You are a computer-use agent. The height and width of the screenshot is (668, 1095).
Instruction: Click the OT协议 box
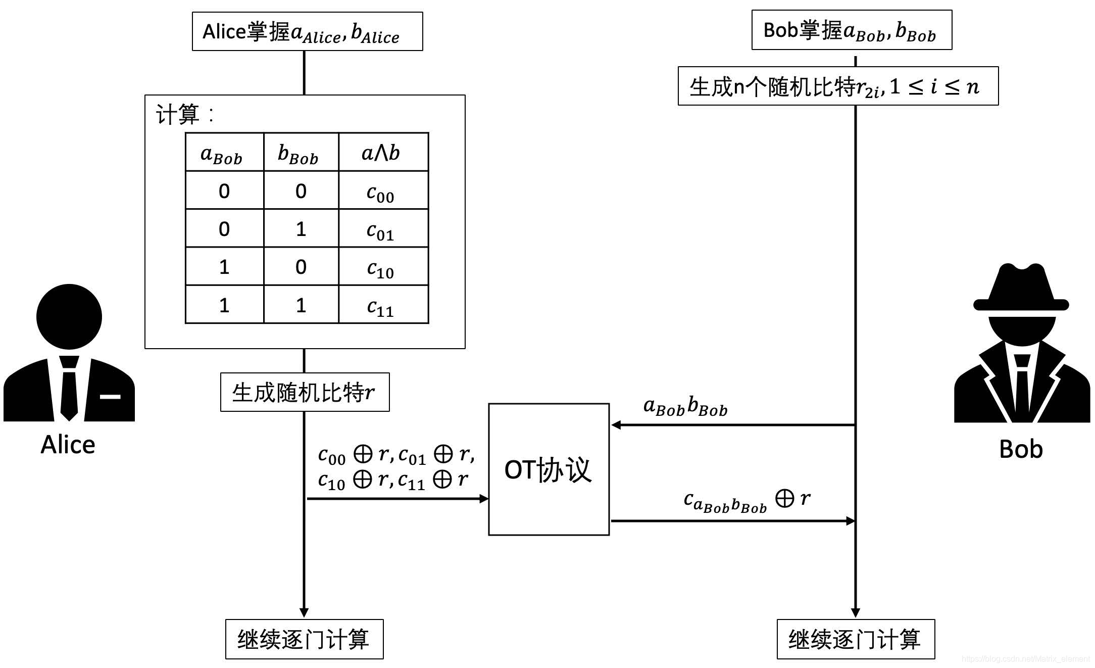[549, 469]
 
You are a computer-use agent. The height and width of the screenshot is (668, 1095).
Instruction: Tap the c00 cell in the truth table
[383, 190]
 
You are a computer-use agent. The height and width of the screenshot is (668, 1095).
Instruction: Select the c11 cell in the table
[383, 305]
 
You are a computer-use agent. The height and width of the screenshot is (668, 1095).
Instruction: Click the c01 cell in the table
[383, 228]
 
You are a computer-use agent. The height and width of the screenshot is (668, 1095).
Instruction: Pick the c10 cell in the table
[383, 267]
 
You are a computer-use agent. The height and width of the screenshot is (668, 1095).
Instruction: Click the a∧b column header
[383, 152]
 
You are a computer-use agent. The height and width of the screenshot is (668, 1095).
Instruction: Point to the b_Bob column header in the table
[301, 152]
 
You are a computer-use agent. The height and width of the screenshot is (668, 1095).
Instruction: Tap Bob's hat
[1021, 288]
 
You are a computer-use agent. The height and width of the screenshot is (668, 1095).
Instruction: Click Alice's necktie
[69, 389]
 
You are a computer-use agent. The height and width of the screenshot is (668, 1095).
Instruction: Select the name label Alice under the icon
[68, 445]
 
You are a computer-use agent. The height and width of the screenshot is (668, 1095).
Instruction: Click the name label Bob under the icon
[1021, 449]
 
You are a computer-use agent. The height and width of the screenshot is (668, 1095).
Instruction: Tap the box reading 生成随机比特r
[305, 392]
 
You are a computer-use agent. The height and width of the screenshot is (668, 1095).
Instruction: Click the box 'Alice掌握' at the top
[307, 31]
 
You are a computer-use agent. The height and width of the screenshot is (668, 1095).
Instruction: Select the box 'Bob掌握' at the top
[852, 30]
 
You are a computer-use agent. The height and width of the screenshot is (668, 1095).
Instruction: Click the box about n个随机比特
[838, 86]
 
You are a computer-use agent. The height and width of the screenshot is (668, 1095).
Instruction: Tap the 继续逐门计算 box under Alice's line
[304, 639]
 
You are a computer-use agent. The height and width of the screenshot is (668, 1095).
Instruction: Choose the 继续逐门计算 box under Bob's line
[856, 639]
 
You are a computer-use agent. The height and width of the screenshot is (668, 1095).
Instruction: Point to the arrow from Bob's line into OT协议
[732, 425]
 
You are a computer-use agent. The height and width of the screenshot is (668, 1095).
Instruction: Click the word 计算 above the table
[178, 114]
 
